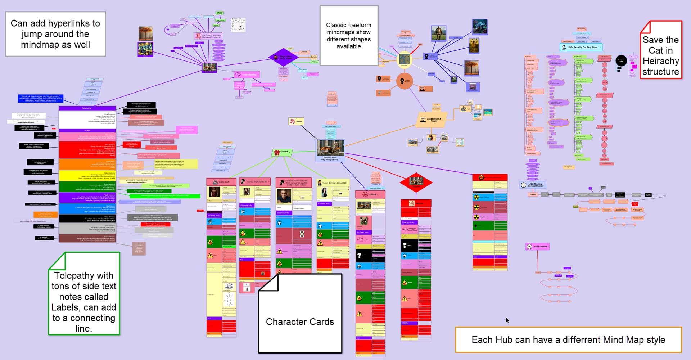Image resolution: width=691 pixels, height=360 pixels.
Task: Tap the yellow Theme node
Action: (x=296, y=122)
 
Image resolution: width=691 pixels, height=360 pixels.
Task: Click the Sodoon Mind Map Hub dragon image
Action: (x=330, y=148)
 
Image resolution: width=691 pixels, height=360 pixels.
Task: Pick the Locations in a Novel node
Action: (x=431, y=120)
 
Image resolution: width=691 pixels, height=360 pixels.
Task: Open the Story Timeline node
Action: (x=537, y=247)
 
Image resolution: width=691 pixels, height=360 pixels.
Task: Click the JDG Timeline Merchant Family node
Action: (x=533, y=185)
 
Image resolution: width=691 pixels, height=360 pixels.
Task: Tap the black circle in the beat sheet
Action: (x=621, y=60)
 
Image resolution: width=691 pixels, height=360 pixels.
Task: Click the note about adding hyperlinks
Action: (x=55, y=34)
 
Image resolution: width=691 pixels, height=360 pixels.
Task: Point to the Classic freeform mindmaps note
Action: (x=348, y=35)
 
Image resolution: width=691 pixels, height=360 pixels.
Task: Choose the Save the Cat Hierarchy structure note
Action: (x=661, y=50)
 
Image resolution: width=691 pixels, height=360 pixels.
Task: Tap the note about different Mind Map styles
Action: (x=568, y=339)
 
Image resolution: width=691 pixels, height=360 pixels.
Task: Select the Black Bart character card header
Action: (x=221, y=182)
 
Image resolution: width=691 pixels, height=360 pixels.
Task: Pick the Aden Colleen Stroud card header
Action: (x=333, y=183)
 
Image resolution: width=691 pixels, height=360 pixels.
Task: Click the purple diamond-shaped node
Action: (x=283, y=57)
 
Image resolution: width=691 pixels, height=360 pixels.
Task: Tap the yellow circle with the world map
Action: (x=405, y=60)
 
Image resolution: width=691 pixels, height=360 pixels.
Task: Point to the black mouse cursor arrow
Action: (x=507, y=320)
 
